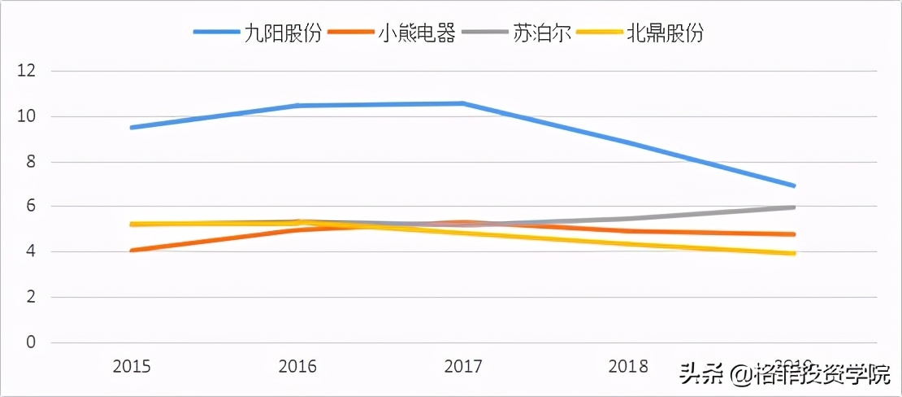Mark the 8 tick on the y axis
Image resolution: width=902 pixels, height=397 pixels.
click(30, 162)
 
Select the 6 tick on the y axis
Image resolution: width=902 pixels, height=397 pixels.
click(30, 207)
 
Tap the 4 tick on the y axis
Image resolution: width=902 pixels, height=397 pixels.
click(30, 252)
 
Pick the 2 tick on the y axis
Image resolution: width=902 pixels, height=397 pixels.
click(30, 298)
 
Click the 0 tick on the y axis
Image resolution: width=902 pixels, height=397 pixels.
click(30, 342)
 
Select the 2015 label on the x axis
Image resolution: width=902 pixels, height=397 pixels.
click(132, 367)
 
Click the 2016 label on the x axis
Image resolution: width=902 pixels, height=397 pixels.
click(297, 367)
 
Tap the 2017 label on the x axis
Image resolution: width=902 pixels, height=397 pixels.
click(463, 367)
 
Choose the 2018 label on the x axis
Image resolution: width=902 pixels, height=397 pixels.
click(629, 367)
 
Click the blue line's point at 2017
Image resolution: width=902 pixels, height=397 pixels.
click(463, 103)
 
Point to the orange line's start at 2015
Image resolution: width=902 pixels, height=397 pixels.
click(132, 251)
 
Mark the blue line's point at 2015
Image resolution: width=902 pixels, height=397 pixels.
click(132, 128)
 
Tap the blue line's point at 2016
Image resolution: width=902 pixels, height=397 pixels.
click(297, 106)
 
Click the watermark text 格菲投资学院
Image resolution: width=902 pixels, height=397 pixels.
click(821, 375)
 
